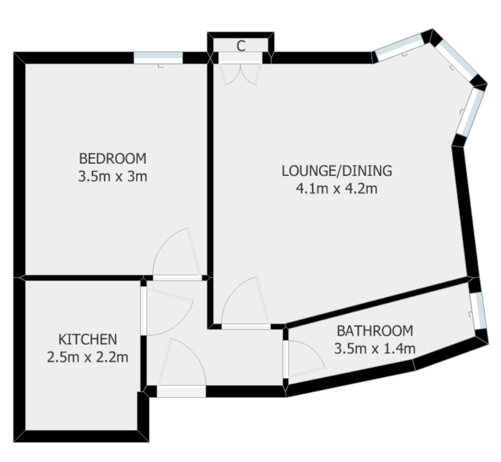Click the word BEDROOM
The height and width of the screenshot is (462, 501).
pos(112,158)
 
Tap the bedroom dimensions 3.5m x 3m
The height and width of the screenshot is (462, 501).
pos(112,177)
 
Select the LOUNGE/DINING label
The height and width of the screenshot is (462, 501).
pos(337,170)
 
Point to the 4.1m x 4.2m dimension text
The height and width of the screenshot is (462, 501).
pos(337,189)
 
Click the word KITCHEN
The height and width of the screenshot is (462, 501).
pos(87,339)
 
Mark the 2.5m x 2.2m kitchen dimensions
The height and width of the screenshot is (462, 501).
pos(87,357)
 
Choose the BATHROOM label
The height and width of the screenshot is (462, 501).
pos(375,330)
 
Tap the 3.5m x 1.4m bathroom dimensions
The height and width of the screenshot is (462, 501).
pos(375,349)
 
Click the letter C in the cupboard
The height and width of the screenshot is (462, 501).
pos(240,46)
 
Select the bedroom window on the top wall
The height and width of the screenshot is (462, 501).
pos(158,57)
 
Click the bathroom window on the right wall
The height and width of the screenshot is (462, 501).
pos(478,311)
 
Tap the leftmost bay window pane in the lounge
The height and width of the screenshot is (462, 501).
pos(399,47)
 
